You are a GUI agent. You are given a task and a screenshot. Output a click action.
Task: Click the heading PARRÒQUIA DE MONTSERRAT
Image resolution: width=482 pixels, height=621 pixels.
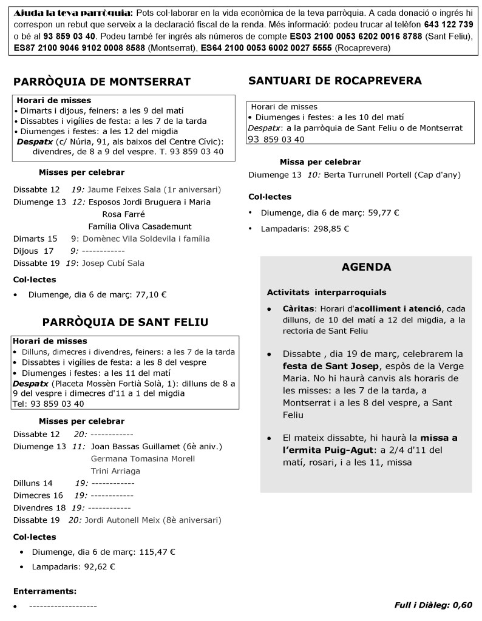pos(102,82)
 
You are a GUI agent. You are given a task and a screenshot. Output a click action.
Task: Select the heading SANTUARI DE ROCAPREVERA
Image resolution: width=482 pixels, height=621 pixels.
pos(335,80)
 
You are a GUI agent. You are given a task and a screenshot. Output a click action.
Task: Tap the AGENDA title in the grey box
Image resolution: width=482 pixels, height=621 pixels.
pos(366,267)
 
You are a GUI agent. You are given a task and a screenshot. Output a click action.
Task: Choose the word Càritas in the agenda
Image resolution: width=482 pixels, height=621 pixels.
pos(297,308)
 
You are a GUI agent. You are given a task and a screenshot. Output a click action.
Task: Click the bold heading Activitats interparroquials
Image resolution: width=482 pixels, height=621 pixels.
pos(326,292)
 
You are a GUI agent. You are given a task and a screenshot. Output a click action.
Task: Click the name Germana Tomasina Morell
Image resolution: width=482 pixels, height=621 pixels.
pos(142,458)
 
